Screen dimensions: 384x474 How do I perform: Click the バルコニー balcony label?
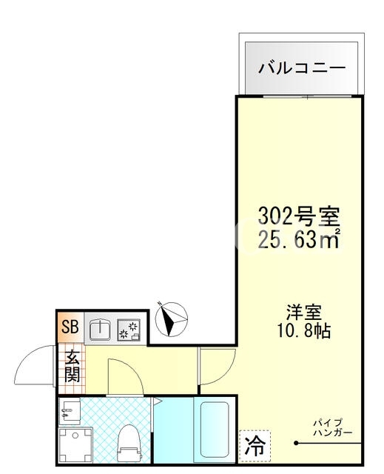click(x=302, y=67)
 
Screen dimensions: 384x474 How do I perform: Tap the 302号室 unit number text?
click(x=299, y=216)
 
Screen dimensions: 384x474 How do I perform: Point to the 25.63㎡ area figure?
click(x=300, y=241)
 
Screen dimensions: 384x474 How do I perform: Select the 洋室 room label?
click(x=303, y=312)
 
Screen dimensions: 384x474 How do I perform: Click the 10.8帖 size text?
click(x=303, y=330)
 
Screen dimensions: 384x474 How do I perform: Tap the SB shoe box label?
click(x=70, y=327)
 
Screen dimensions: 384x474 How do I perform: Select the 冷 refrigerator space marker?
click(x=255, y=446)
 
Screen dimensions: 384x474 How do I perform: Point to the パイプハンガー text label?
click(x=333, y=427)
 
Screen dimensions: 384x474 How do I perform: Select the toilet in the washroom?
click(x=129, y=443)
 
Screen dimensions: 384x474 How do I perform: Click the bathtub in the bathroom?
click(x=215, y=430)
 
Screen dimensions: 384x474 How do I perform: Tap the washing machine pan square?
click(x=75, y=446)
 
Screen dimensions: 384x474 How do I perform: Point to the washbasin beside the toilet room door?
click(x=70, y=410)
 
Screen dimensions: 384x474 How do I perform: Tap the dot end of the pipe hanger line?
click(x=296, y=444)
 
